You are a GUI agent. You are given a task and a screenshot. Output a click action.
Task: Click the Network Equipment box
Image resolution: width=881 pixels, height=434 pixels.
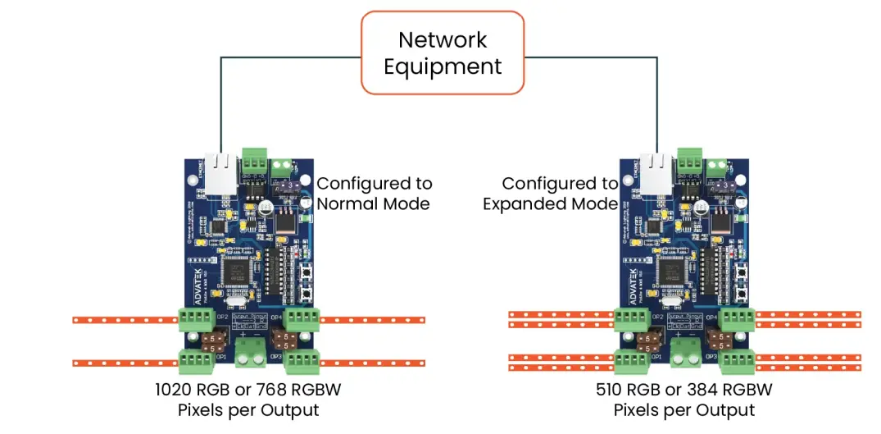click(443, 53)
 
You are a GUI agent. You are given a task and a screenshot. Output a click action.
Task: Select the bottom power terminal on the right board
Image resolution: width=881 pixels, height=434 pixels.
click(685, 352)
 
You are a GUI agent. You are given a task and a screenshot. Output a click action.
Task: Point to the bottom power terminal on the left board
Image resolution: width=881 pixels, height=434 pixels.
click(251, 352)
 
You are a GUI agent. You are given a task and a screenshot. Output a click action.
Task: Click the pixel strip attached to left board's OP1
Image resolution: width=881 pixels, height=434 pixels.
click(123, 362)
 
